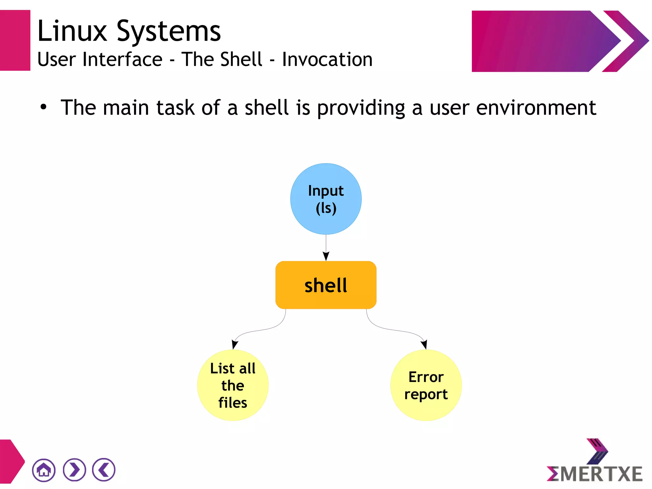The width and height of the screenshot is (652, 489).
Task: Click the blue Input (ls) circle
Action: click(326, 199)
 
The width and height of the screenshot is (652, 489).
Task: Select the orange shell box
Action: click(326, 285)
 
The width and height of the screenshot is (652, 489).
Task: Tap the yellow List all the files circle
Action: click(233, 385)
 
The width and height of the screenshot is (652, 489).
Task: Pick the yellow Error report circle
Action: click(426, 385)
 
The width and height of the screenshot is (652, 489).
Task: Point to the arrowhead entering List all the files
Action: click(235, 344)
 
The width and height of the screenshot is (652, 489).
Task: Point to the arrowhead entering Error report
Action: click(424, 344)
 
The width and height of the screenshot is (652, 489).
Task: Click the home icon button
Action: click(44, 470)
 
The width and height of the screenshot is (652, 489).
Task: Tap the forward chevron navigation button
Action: click(74, 470)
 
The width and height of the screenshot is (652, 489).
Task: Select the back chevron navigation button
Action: click(104, 470)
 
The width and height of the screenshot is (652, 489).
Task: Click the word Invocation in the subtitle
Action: click(327, 60)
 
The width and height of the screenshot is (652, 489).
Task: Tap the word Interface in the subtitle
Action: click(123, 60)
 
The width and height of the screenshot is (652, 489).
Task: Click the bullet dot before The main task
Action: click(43, 107)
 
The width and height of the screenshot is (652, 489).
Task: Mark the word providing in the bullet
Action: click(361, 108)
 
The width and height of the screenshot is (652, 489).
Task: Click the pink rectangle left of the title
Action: click(15, 40)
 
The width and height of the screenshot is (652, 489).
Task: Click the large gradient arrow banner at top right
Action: click(541, 41)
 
